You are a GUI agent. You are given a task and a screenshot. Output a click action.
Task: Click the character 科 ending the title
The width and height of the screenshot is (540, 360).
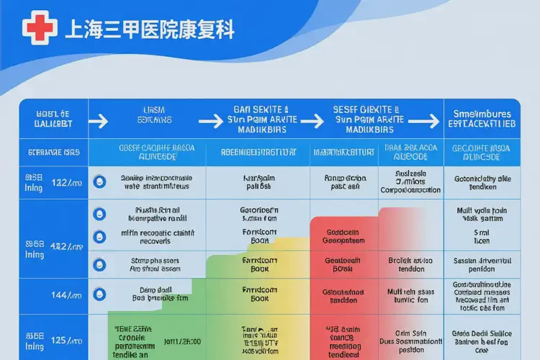(x=225, y=30)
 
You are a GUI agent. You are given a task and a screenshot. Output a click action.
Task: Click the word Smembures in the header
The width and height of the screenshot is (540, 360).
(x=482, y=114)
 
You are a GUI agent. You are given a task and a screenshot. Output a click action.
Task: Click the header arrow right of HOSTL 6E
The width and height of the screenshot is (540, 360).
(x=100, y=120)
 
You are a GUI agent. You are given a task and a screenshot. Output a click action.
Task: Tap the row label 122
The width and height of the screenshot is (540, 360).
(x=63, y=183)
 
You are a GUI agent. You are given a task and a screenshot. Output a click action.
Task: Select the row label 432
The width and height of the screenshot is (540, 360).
(x=63, y=246)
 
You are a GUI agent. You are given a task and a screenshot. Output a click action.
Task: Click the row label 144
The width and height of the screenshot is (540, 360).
(x=63, y=294)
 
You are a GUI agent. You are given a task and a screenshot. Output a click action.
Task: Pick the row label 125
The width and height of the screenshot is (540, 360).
(x=63, y=339)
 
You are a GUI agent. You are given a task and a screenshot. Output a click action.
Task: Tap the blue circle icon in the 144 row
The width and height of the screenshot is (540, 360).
(x=100, y=294)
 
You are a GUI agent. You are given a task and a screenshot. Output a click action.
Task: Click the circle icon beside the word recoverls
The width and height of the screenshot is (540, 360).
(x=100, y=235)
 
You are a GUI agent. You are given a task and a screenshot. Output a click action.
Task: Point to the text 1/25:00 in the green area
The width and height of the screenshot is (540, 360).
(x=182, y=341)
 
